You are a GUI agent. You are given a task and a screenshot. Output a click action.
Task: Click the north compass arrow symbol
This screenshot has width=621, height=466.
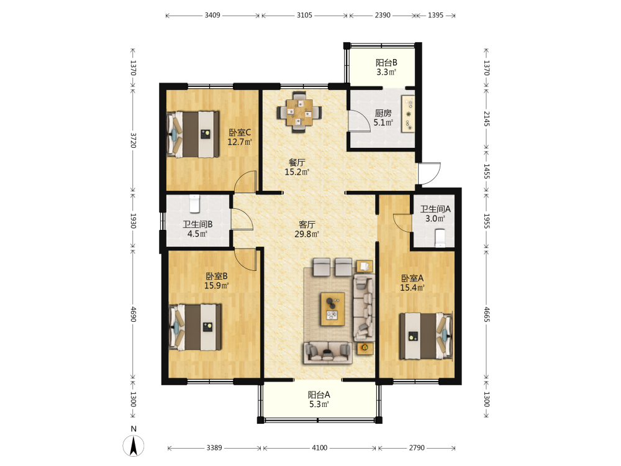click(x=134, y=445)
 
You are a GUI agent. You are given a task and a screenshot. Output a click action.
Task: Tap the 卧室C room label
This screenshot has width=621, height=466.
click(x=240, y=132)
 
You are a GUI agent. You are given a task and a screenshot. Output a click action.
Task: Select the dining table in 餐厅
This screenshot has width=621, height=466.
click(x=299, y=112)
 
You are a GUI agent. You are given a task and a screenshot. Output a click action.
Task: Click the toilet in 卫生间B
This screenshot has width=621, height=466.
click(x=194, y=203)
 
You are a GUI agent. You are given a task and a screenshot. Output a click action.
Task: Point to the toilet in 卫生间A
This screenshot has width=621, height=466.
click(x=440, y=238)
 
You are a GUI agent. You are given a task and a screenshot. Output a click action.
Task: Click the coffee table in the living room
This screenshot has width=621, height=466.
click(x=332, y=309)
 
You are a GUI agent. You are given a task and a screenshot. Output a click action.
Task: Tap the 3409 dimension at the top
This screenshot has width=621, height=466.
click(x=212, y=15)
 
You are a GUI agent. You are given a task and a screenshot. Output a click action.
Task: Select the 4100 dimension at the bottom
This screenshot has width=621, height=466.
click(x=320, y=448)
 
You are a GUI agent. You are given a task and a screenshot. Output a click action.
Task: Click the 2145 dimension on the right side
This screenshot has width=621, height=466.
click(x=486, y=119)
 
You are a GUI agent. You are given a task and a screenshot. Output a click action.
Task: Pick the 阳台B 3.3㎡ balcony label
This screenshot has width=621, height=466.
click(x=386, y=67)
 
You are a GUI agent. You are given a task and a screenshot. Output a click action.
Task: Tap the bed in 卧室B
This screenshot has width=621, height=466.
click(x=195, y=327)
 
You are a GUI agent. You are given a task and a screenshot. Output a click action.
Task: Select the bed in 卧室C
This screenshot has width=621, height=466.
click(x=193, y=134)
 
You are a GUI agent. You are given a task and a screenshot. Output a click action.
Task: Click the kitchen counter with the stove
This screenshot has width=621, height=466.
click(x=408, y=114)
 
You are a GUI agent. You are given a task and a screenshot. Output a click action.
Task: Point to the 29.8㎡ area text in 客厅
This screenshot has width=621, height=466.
click(x=307, y=234)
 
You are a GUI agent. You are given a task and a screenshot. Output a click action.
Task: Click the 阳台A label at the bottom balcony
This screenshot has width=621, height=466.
click(x=319, y=395)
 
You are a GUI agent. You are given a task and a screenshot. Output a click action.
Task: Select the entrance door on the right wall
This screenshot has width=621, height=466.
click(x=429, y=173)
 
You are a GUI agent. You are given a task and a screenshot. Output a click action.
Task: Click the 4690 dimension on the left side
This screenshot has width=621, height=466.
click(x=133, y=314)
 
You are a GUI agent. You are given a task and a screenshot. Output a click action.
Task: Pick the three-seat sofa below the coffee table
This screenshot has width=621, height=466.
click(x=328, y=353)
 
